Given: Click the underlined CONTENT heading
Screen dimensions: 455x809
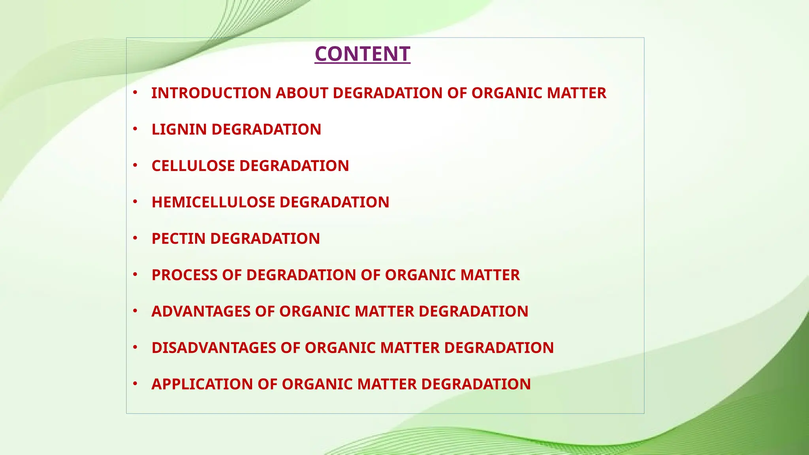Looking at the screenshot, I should [362, 54].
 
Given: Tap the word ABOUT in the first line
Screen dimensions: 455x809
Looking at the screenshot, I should [302, 93].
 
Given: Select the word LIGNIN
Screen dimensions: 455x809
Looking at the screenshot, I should [179, 130].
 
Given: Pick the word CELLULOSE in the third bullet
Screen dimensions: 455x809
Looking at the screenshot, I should [194, 166].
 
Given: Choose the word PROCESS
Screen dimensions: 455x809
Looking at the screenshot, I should [184, 275].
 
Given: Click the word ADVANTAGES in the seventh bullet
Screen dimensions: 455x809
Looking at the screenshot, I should [201, 311].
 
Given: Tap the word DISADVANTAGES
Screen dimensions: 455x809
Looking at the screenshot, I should [214, 348].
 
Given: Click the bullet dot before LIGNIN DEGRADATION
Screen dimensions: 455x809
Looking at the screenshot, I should [135, 129].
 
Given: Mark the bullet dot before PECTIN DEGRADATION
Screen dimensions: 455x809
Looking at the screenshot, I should [135, 238].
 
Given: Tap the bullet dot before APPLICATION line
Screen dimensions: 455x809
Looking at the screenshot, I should [135, 383].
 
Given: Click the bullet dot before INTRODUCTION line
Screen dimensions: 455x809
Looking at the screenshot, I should [135, 92].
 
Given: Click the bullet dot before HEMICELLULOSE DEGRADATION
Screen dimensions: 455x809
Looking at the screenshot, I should [135, 201].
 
